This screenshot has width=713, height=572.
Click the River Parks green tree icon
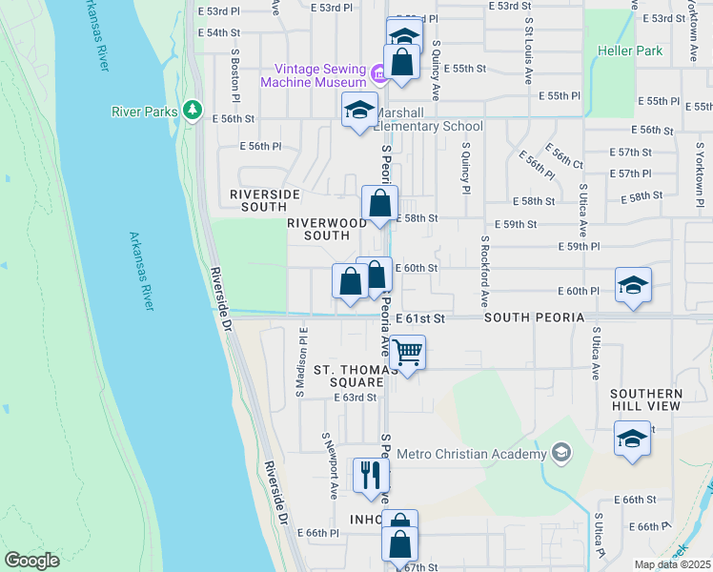194,111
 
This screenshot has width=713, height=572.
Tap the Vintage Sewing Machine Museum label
320,75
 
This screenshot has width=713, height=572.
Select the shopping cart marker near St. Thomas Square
407,354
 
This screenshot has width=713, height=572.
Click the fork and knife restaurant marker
370,475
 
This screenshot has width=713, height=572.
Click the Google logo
31,561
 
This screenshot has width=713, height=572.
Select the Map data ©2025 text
673,564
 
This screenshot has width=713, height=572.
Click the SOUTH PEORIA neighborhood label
528,317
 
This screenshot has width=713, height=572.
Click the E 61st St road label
420,317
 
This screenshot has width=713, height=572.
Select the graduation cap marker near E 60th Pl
633,285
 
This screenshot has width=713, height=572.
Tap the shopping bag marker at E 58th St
379,203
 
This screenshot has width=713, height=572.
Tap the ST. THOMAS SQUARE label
349,376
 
